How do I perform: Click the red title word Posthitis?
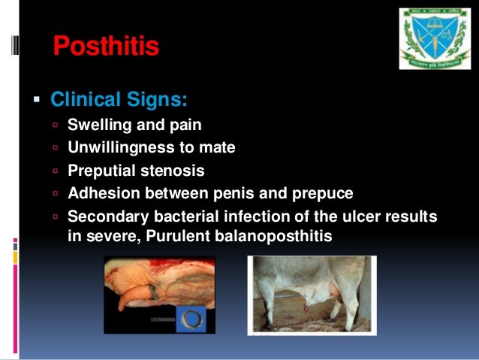pos(106,47)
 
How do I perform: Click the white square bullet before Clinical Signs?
pos(35,99)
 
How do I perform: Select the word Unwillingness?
pos(117,147)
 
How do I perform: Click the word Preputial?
pos(101,171)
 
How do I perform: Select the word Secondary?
pos(104,216)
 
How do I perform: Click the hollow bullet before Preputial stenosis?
pos(56,171)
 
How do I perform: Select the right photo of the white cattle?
pos(312,294)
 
